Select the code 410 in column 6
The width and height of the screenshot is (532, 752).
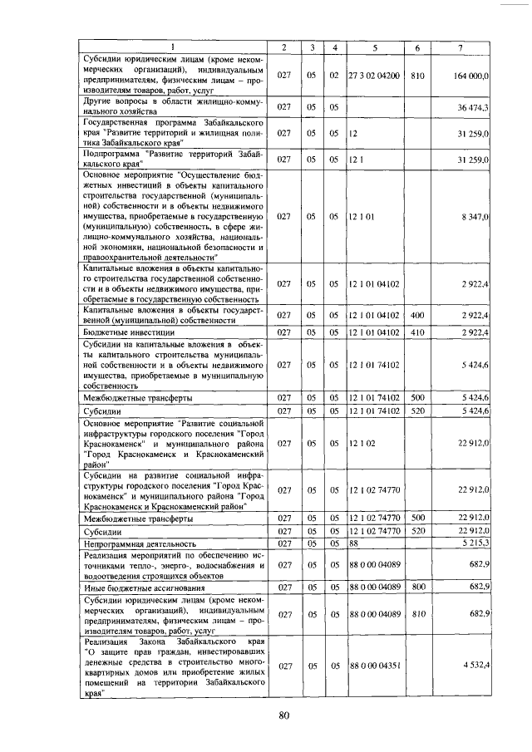[x=417, y=332]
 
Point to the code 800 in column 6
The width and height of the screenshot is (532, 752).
[x=417, y=586]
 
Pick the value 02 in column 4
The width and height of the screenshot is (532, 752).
[x=333, y=76]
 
